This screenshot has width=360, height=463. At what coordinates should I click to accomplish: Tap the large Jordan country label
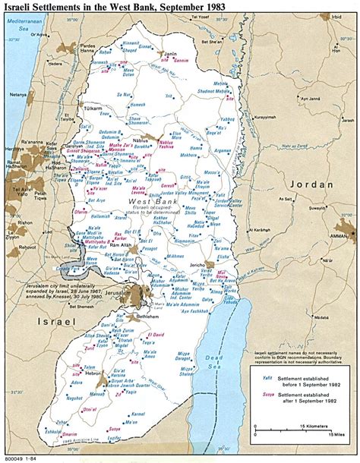(x=310, y=184)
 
